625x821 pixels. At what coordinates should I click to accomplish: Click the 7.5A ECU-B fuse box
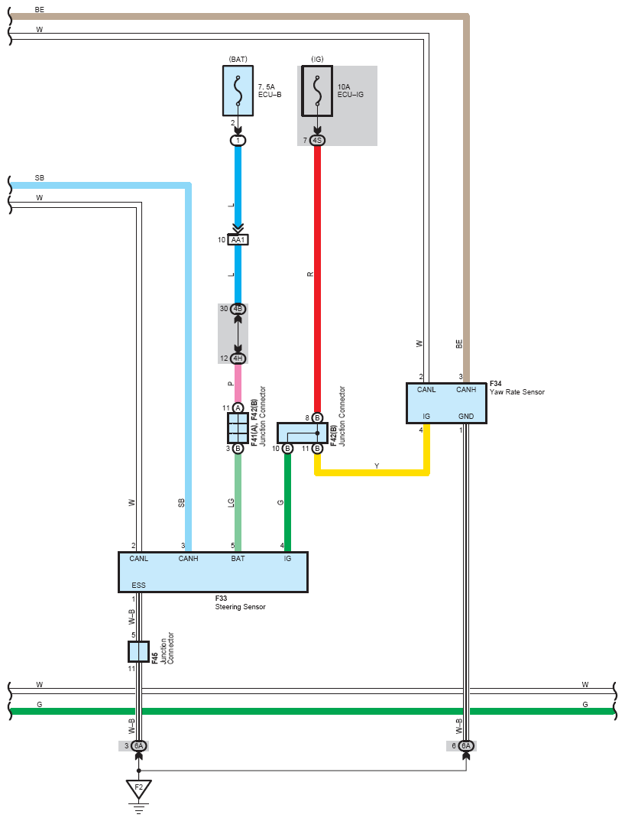click(238, 90)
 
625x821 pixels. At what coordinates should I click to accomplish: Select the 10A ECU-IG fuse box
click(317, 90)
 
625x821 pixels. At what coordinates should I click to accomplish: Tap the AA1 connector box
click(238, 240)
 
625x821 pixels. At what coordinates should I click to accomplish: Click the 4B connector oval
click(238, 309)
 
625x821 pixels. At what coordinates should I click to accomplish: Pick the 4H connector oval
click(238, 359)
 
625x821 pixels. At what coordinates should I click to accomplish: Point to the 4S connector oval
click(317, 141)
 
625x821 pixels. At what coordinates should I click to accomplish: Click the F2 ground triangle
click(139, 789)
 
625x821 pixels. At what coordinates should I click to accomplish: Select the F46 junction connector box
click(139, 651)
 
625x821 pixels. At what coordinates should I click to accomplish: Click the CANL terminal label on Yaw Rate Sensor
click(426, 390)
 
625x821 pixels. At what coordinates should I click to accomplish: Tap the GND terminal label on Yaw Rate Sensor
click(466, 417)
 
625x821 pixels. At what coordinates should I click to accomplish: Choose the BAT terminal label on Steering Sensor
click(238, 559)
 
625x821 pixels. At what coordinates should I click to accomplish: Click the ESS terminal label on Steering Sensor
click(139, 586)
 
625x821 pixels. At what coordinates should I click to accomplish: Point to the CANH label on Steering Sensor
click(189, 559)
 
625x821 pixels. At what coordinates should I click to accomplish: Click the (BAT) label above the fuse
click(238, 59)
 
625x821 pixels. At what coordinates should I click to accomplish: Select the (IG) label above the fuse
click(317, 59)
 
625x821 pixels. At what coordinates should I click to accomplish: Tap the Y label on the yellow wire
click(377, 466)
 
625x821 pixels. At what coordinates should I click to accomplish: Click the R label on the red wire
click(310, 274)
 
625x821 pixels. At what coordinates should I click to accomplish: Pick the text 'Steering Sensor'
click(240, 607)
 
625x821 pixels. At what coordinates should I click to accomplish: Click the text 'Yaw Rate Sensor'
click(517, 392)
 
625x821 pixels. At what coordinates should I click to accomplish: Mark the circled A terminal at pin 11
click(238, 408)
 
